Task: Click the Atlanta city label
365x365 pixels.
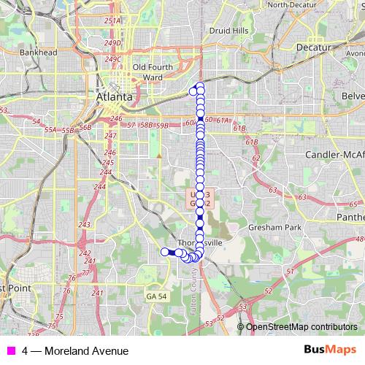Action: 115,96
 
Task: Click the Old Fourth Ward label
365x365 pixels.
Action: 147,72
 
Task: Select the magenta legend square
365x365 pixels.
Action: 10,350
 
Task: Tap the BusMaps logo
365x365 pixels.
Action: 329,350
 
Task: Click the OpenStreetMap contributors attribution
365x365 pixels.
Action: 301,327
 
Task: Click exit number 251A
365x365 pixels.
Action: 112,21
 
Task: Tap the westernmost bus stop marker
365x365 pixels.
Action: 164,253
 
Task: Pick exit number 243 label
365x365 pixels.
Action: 84,224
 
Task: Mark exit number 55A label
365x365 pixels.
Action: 50,129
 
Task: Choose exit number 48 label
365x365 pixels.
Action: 359,239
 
